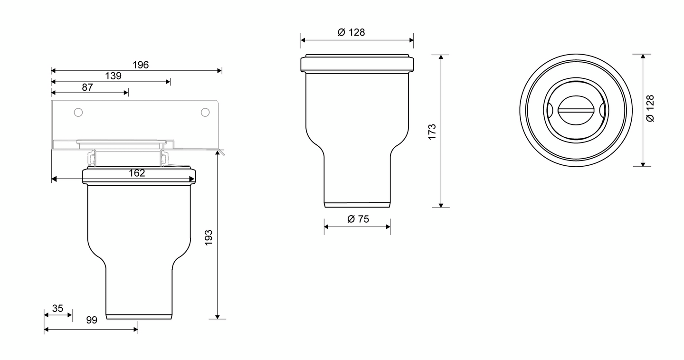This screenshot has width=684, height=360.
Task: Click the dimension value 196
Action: [x=140, y=65]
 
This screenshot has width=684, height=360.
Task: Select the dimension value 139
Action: [x=114, y=76]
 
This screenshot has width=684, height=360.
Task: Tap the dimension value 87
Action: [x=87, y=87]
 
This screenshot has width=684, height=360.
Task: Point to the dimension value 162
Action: [x=137, y=173]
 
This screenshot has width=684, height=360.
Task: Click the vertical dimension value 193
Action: [x=208, y=237]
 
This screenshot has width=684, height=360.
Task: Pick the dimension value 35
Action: [x=57, y=308]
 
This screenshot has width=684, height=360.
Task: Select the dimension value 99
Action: [x=92, y=320]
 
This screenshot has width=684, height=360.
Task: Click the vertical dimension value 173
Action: [x=432, y=132]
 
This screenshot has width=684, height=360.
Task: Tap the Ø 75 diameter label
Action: [x=358, y=219]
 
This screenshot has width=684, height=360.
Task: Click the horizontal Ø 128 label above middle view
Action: [x=351, y=32]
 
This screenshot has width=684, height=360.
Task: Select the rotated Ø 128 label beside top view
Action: [x=650, y=108]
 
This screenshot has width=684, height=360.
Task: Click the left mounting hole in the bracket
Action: [x=78, y=112]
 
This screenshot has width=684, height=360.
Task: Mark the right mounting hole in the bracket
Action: [x=205, y=112]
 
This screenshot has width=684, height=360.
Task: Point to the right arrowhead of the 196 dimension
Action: [x=219, y=71]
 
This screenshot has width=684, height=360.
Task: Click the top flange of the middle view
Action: [x=357, y=64]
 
